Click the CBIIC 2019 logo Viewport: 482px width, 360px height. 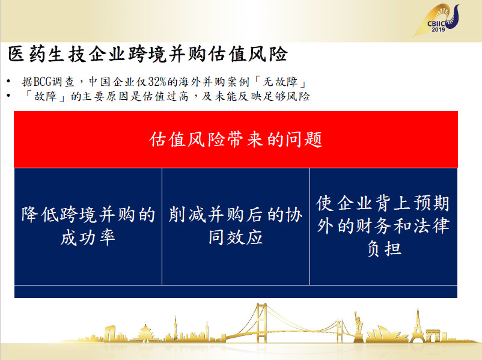(438, 20)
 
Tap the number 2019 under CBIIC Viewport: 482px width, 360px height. (438, 30)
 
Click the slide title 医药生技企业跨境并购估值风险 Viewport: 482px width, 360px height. (148, 55)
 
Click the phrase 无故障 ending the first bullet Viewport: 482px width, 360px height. (280, 82)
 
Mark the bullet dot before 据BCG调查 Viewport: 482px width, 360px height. (8, 82)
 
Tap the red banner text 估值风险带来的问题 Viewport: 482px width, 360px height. (236, 139)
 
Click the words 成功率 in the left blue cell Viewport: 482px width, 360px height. (88, 237)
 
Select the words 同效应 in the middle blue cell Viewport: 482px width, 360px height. (236, 237)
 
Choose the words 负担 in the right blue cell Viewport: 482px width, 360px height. (384, 249)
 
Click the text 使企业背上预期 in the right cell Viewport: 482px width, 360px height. (383, 203)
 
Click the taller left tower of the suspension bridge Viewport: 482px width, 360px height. (261, 323)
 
